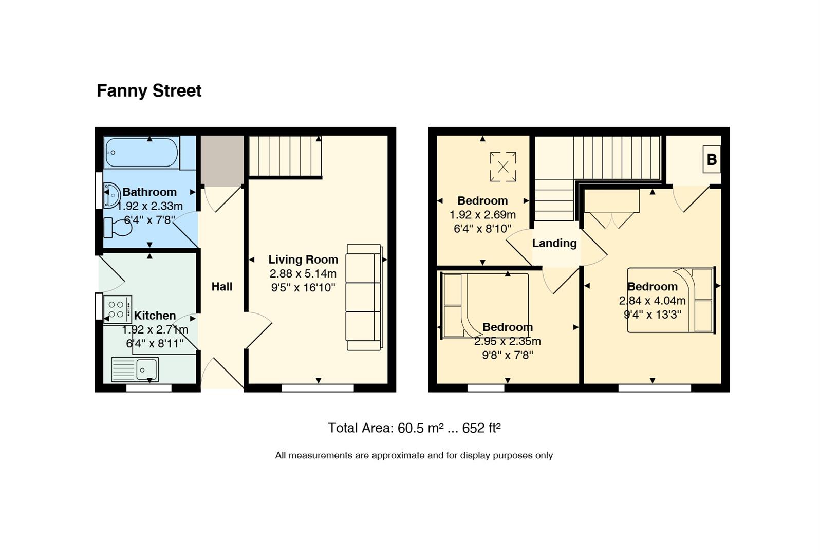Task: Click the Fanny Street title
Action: [149, 91]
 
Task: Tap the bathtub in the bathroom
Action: [142, 152]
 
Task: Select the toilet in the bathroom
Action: [118, 228]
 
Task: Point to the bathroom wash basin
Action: [112, 195]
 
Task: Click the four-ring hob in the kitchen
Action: [118, 310]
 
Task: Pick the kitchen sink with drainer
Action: [135, 369]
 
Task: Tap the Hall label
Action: [222, 287]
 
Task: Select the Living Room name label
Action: [303, 260]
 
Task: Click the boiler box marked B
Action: [712, 159]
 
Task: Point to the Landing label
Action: [554, 243]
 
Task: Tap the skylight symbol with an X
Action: [504, 166]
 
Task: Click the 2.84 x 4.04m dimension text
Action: [652, 301]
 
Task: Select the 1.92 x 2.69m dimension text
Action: [482, 214]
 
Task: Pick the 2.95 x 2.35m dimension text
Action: [508, 341]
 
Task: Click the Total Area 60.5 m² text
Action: [414, 428]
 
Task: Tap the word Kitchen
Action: [155, 316]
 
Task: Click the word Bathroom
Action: [150, 192]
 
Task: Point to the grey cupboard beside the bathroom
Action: [222, 160]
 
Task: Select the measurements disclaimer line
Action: [414, 455]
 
